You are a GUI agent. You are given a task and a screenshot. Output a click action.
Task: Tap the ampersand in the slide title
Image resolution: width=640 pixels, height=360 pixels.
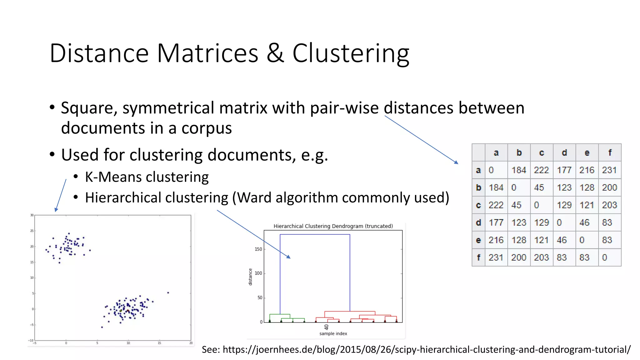(x=275, y=53)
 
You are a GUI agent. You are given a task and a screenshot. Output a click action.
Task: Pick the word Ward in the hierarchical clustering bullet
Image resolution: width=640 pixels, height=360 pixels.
(x=254, y=198)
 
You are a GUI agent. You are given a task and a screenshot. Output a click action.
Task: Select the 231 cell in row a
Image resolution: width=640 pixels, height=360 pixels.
(x=609, y=170)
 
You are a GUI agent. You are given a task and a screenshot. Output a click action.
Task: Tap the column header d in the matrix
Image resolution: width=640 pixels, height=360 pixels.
(x=564, y=153)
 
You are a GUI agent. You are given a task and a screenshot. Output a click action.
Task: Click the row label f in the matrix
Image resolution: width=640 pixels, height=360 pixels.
(x=478, y=257)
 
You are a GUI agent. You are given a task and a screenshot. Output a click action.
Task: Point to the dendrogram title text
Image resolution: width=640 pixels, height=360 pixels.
(x=333, y=226)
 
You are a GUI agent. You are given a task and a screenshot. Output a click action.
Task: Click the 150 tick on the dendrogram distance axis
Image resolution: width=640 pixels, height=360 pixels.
(x=258, y=249)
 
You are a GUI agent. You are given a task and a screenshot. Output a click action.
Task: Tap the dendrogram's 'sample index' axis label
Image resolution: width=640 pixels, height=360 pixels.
(x=333, y=334)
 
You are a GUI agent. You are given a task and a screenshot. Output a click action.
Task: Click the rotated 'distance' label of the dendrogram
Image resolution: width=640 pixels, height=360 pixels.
(x=250, y=277)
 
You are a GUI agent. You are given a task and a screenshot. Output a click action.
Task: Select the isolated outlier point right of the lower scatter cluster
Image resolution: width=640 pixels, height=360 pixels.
(x=168, y=293)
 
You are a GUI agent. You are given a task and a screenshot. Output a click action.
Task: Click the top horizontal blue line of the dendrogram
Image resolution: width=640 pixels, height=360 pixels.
(x=315, y=234)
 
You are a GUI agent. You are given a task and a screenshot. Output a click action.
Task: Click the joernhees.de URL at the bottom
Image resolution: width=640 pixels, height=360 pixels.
(x=427, y=350)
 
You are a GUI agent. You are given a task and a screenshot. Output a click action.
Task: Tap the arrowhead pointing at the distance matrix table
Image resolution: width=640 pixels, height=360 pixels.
(x=457, y=162)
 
